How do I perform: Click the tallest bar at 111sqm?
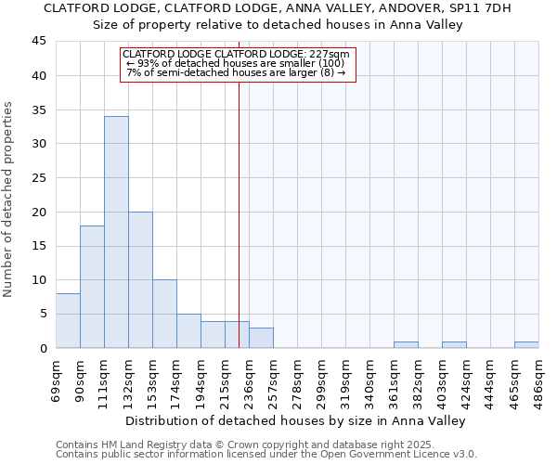click(x=116, y=232)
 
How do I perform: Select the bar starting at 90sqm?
click(x=92, y=287)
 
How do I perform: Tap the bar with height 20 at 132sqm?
click(x=140, y=279)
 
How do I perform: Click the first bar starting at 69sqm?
click(x=68, y=321)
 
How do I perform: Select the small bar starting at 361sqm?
click(x=406, y=345)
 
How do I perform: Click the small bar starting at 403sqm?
click(x=454, y=345)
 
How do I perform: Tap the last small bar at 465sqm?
click(x=526, y=345)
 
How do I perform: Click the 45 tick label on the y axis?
click(x=39, y=42)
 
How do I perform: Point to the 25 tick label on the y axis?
click(x=39, y=178)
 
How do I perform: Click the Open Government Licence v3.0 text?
click(x=398, y=454)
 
